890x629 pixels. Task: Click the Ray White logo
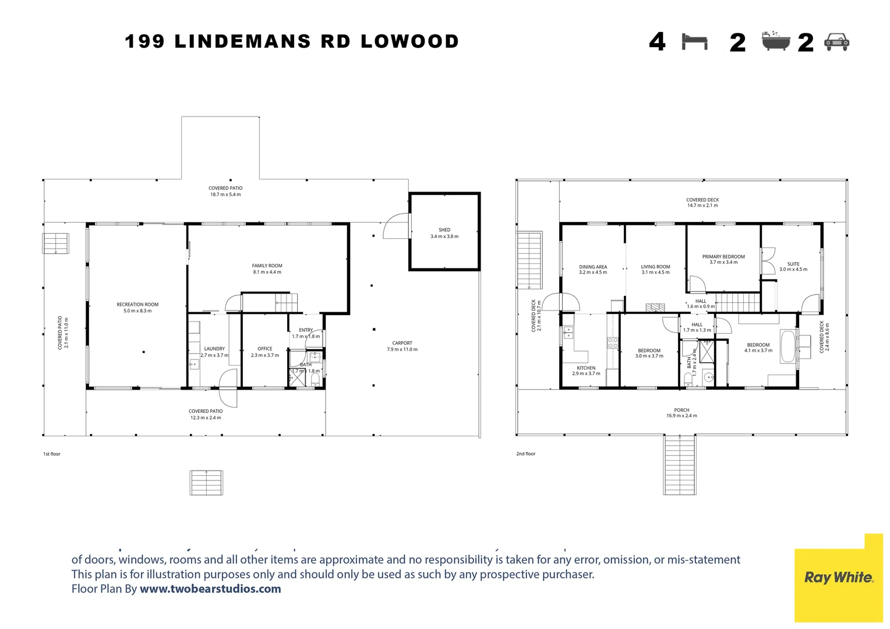838,577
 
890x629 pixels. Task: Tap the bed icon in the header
694,42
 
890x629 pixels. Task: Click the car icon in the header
837,42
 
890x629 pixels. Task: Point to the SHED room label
444,230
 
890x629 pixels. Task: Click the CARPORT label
402,343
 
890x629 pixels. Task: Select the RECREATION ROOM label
137,305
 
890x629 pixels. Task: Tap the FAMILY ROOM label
267,266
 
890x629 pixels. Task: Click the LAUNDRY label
214,349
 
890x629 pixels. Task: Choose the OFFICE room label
265,349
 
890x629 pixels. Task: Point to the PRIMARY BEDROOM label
723,256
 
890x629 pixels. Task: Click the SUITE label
793,264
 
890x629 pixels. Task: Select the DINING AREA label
593,267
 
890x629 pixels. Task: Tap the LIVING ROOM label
655,267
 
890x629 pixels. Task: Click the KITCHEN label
586,368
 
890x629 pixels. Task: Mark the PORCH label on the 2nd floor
681,410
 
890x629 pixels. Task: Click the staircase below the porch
680,465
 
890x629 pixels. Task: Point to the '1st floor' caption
52,454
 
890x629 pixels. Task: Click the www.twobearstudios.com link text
210,589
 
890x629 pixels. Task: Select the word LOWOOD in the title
409,41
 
